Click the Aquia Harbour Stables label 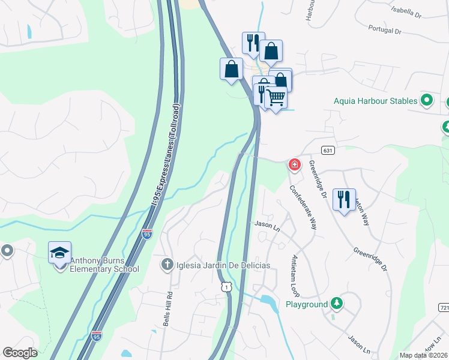coord(375,101)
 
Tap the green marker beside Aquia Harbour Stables coord(427,100)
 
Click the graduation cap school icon coord(60,252)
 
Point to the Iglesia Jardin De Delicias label coord(222,265)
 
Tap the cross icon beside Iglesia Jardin coord(167,264)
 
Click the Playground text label coord(307,304)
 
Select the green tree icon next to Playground coord(337,304)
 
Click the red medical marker coord(294,164)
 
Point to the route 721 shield coord(443,307)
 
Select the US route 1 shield coord(226,287)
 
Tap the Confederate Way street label coord(303,206)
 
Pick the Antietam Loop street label coord(295,275)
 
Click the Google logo coord(20,353)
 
